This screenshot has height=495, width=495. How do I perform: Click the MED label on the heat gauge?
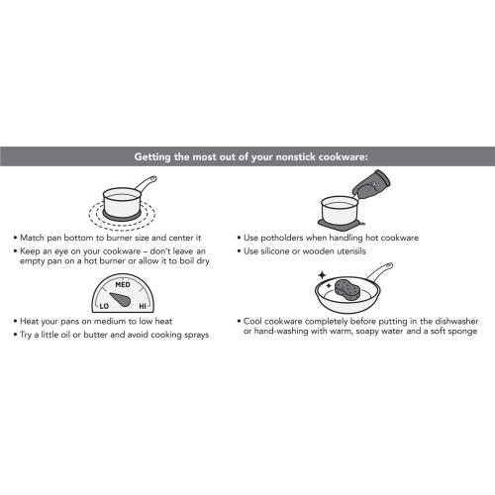123,284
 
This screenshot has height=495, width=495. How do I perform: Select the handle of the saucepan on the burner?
144,185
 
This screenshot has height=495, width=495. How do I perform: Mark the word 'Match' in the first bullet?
35,238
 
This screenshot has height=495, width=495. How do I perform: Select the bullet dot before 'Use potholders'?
242,238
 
